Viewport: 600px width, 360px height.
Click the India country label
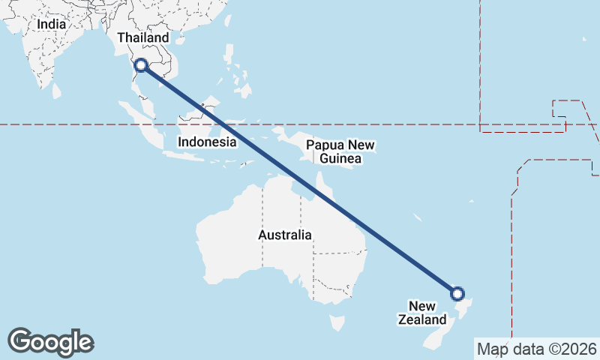point(51,24)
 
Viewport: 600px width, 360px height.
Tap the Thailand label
point(143,37)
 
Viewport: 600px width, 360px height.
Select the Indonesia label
point(208,142)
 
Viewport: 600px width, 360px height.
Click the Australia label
point(284,235)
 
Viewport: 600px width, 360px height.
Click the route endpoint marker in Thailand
point(140,65)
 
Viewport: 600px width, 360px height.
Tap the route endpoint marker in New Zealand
point(457,293)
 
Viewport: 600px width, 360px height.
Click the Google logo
point(51,342)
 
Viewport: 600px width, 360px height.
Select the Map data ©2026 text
point(537,349)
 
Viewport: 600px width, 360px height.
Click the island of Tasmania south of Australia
point(337,323)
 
